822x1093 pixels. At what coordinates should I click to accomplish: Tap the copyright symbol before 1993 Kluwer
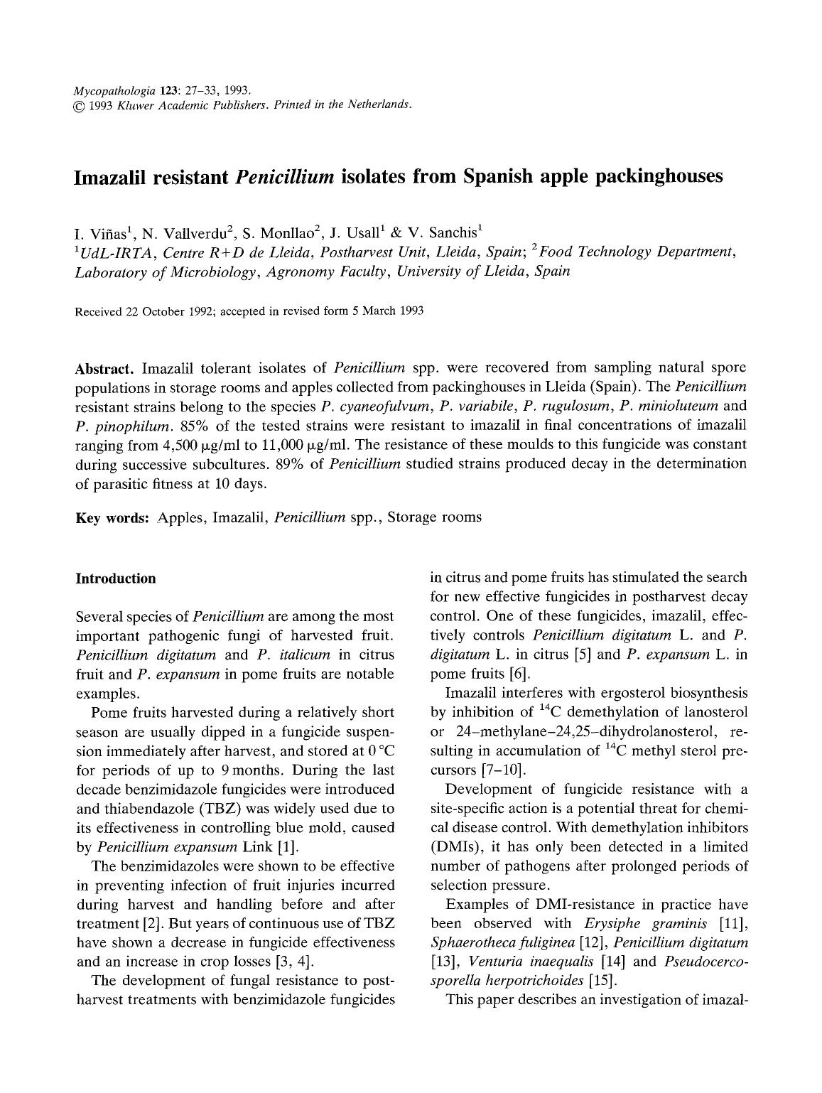point(80,105)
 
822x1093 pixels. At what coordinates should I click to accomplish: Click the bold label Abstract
point(105,368)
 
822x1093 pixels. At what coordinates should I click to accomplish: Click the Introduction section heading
point(115,578)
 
